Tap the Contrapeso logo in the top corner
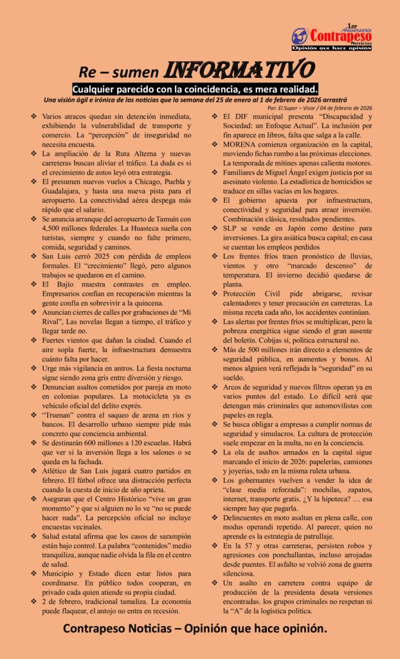pos(331,38)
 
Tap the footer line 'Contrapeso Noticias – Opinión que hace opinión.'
pos(195,628)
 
